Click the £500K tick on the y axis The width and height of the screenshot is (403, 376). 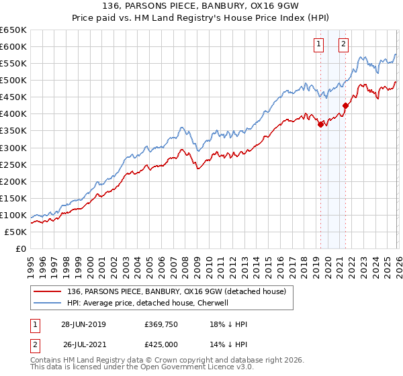[13, 80]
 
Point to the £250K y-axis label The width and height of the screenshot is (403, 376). [13, 164]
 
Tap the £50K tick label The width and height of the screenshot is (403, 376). [16, 232]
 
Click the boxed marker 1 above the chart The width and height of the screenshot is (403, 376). [318, 45]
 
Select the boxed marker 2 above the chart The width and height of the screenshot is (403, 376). [343, 45]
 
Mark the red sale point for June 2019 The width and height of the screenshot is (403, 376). [320, 124]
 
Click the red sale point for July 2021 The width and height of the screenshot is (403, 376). [345, 105]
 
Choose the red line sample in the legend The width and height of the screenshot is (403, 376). [48, 291]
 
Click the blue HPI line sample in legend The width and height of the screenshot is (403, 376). [48, 303]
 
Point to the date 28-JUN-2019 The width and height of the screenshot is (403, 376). [83, 324]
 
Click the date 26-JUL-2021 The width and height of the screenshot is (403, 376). [85, 344]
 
